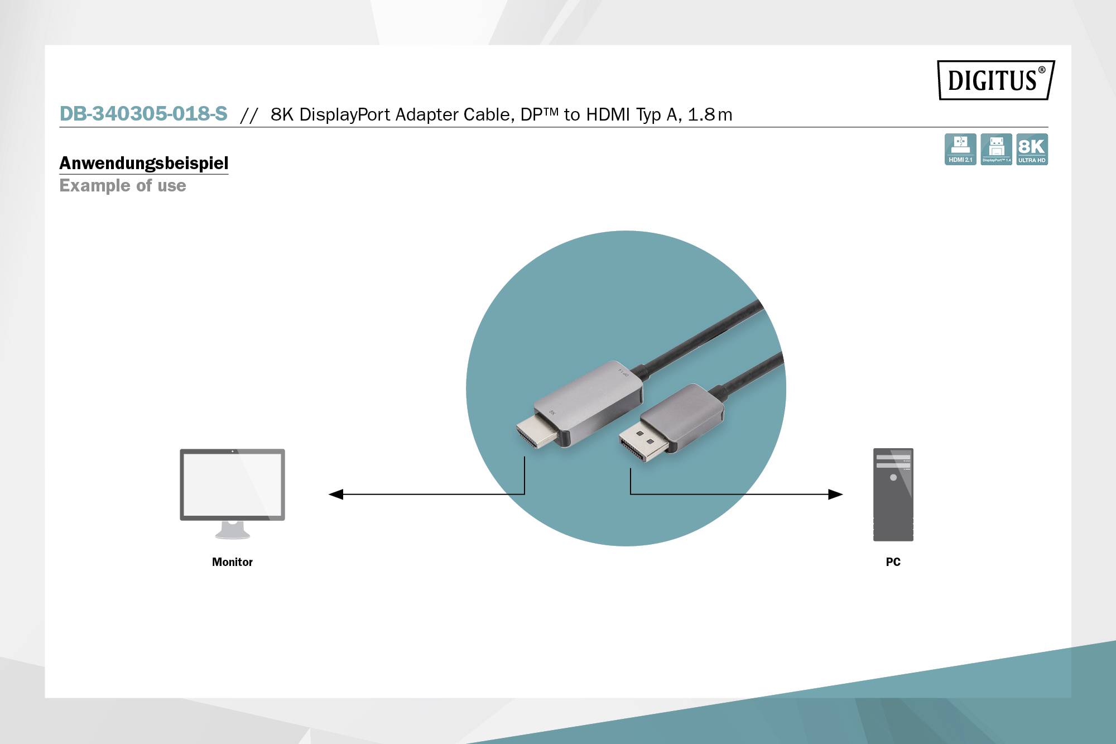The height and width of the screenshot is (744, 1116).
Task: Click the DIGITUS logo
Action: (x=996, y=80)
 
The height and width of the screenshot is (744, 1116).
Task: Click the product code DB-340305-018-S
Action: (x=143, y=114)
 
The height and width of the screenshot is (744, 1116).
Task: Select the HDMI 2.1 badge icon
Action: (x=960, y=149)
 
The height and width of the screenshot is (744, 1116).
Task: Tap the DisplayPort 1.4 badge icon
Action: (x=996, y=149)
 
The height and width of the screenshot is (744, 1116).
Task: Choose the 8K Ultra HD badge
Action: (x=1032, y=149)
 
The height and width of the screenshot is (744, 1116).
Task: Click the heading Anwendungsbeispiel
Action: (x=143, y=163)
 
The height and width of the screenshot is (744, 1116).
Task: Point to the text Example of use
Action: (x=123, y=185)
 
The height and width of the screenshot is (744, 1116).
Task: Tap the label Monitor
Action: (x=232, y=562)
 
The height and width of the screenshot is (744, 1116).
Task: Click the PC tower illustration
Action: (x=893, y=495)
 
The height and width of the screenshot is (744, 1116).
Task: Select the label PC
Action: (x=893, y=562)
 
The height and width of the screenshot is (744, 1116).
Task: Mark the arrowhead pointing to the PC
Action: (x=835, y=494)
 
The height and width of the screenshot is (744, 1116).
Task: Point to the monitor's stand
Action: (x=232, y=530)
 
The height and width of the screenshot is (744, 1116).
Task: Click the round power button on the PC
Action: (x=893, y=477)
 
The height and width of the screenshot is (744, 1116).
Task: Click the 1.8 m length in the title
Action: (x=710, y=114)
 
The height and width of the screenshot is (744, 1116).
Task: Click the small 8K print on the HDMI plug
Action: (x=552, y=412)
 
